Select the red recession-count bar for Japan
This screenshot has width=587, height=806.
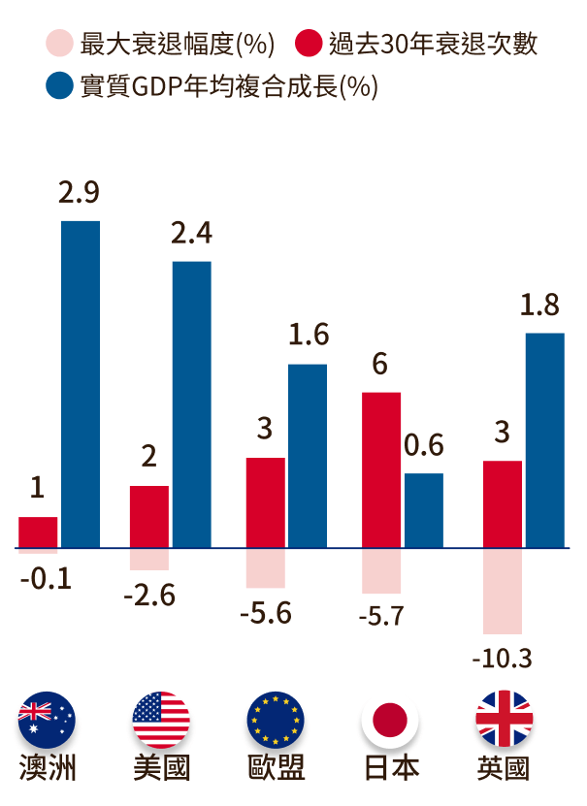click(x=381, y=469)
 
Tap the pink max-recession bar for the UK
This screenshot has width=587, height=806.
click(x=502, y=591)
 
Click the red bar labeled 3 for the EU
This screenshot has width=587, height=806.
click(x=266, y=502)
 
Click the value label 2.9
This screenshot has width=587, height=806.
click(x=80, y=192)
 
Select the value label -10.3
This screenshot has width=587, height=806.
click(x=502, y=660)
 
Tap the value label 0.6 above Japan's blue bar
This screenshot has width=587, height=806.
click(x=423, y=445)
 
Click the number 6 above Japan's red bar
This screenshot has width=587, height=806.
click(x=380, y=365)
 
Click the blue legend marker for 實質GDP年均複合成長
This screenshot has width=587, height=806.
click(x=59, y=87)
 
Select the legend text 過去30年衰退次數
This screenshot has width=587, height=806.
click(x=432, y=45)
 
